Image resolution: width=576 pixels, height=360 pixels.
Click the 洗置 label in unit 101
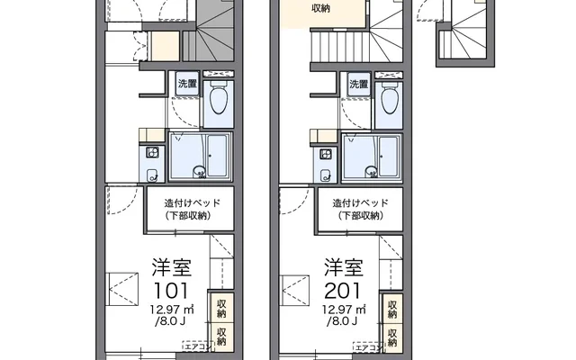pyautogui.click(x=187, y=84)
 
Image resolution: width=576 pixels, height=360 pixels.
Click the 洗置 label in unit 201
pyautogui.click(x=358, y=84)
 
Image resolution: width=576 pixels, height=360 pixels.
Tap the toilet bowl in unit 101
pyautogui.click(x=218, y=98)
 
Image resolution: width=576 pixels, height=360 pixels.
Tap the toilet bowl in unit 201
pyautogui.click(x=389, y=99)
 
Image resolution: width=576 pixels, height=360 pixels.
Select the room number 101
pyautogui.click(x=171, y=291)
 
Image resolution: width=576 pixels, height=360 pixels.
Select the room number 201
pyautogui.click(x=343, y=291)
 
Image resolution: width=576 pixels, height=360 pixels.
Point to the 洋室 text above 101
pyautogui.click(x=172, y=267)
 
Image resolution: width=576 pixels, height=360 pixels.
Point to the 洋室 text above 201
pyautogui.click(x=344, y=267)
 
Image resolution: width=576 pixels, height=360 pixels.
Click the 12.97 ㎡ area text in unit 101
pyautogui.click(x=172, y=310)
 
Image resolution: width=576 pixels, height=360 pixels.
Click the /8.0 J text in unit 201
pyautogui.click(x=342, y=321)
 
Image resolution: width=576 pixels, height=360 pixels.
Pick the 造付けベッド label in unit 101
pyautogui.click(x=192, y=202)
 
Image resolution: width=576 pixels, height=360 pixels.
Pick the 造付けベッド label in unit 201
pyautogui.click(x=360, y=202)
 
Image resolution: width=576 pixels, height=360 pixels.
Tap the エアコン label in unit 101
pyautogui.click(x=197, y=346)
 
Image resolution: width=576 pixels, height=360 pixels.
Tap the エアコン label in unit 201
pyautogui.click(x=368, y=346)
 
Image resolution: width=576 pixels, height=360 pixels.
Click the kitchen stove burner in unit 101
pyautogui.click(x=152, y=152)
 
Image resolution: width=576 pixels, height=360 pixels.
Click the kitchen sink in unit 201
pyautogui.click(x=325, y=175)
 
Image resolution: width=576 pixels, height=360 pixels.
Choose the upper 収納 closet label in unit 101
pyautogui.click(x=221, y=309)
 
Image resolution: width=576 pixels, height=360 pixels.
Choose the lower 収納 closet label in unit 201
pyautogui.click(x=392, y=337)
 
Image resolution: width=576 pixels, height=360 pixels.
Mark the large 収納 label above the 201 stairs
pyautogui.click(x=320, y=8)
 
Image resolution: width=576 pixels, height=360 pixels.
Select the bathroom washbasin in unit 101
pyautogui.click(x=199, y=171)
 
